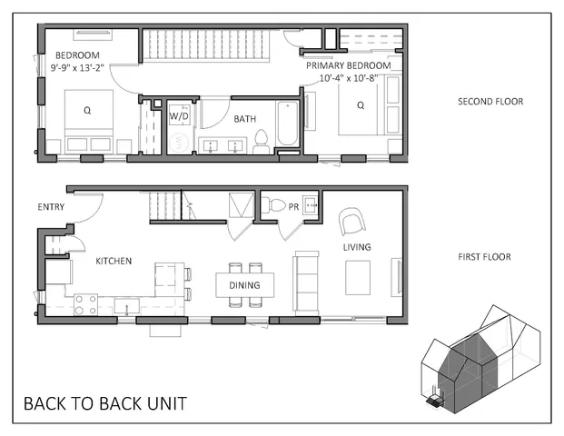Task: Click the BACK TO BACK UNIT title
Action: point(105,402)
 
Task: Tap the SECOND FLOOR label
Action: point(490,102)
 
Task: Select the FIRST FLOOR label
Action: point(484,257)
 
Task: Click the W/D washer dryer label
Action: point(179,116)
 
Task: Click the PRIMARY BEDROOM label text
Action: point(348,66)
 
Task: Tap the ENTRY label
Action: point(51,207)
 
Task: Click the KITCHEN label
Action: point(114,262)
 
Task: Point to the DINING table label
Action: point(244,285)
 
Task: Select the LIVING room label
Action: point(356,247)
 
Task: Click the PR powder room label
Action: point(293,207)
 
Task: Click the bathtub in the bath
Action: point(288,127)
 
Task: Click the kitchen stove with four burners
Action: point(85,304)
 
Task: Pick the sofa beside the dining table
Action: point(304,282)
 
